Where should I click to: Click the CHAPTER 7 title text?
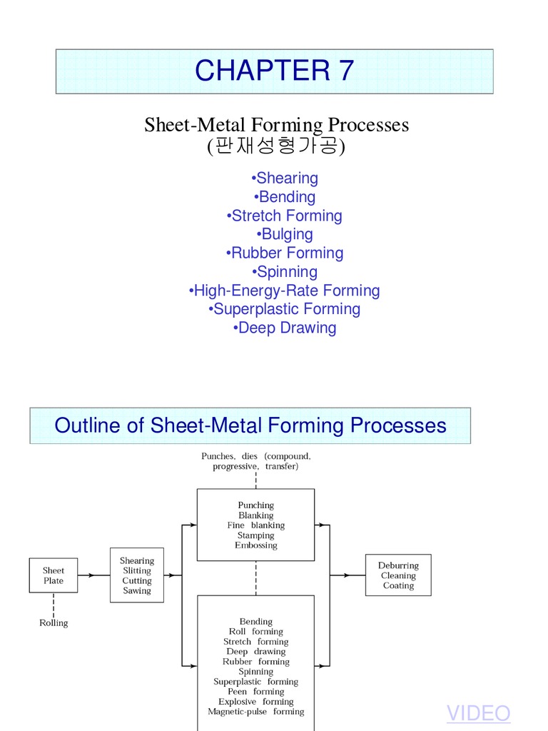(274, 71)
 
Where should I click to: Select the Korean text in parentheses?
(276, 147)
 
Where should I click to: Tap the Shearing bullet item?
(285, 178)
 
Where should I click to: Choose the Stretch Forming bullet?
(285, 216)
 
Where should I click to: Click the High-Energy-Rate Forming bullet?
(285, 291)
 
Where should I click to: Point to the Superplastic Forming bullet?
(285, 309)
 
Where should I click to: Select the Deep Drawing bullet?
(285, 328)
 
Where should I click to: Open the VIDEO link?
(478, 713)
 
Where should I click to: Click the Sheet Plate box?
(53, 575)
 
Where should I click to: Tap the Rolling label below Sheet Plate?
(54, 623)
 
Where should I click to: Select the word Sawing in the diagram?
(136, 591)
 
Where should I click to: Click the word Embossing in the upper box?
(255, 545)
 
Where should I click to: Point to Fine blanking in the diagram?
(255, 525)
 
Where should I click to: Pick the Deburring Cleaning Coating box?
(398, 575)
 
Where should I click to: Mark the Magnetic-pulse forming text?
(255, 712)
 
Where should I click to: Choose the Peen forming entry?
(255, 692)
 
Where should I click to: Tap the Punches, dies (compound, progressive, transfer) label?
(255, 461)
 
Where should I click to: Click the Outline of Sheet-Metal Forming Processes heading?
(250, 425)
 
